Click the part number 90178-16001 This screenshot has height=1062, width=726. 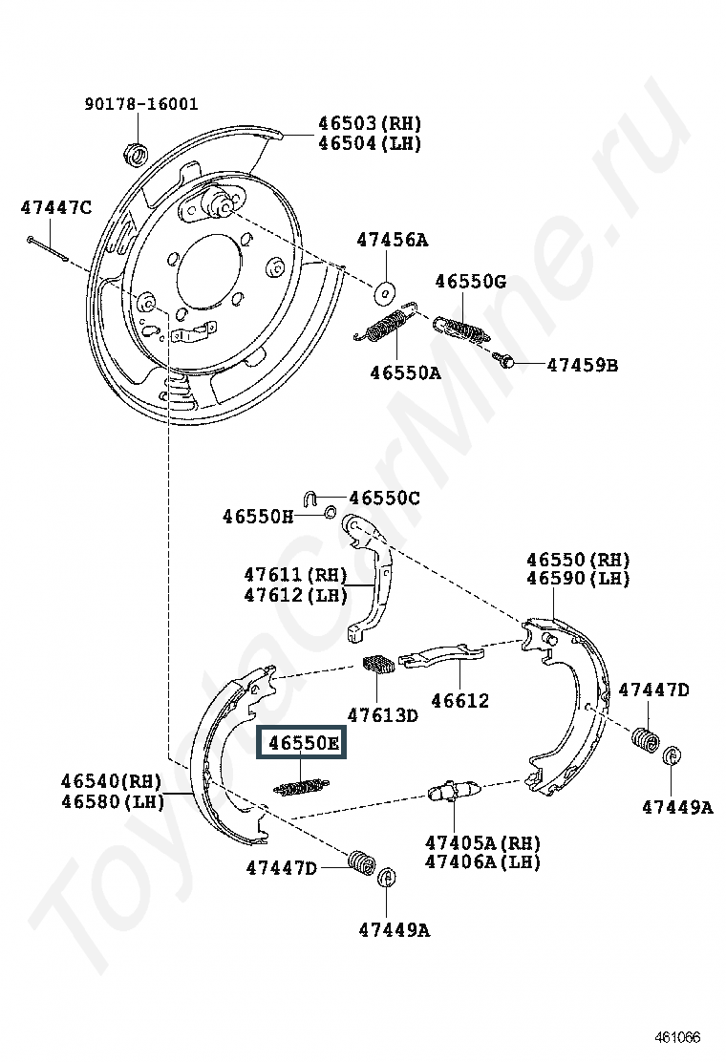coord(141,104)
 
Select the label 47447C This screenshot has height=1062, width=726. coord(56,207)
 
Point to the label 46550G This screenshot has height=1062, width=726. coord(471,281)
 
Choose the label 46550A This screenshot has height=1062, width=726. coord(406,372)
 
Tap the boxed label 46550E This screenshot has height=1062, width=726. coord(301,743)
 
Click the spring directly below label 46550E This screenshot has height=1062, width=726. coord(301,787)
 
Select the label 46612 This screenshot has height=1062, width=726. coord(459,700)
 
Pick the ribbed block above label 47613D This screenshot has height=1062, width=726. coord(378,664)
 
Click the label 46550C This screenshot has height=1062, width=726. coord(385,498)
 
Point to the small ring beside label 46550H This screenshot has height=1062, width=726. coord(331,511)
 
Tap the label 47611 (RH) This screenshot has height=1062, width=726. coord(296,575)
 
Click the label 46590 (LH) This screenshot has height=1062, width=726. coord(578,579)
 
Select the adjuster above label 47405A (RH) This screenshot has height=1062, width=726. coord(454,791)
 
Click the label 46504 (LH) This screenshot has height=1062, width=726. coord(370,143)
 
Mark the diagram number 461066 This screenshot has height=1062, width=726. coord(677,1037)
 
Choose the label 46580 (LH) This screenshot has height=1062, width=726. coord(113,801)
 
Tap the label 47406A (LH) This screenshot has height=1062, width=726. coord(482,861)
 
